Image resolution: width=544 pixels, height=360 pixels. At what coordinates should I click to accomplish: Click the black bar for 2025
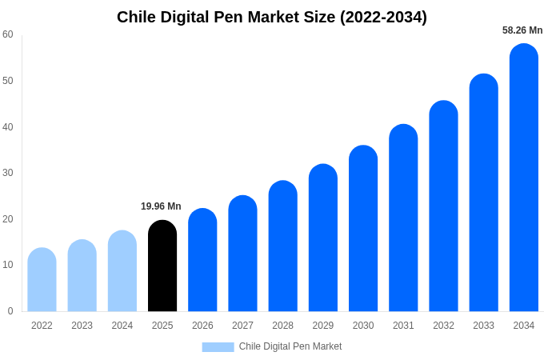(162, 266)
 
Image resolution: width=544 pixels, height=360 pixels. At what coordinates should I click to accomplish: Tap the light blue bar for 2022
(42, 279)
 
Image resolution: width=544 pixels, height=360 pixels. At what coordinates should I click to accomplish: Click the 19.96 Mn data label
(161, 206)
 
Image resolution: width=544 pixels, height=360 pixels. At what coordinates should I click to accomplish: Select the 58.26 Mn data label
(522, 30)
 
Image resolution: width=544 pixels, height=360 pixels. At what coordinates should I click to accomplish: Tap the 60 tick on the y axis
(8, 34)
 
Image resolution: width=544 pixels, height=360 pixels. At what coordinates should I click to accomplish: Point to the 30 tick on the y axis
(8, 173)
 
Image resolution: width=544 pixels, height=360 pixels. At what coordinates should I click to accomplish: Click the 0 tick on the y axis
(10, 311)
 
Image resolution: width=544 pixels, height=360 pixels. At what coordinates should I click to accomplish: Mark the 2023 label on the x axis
(82, 326)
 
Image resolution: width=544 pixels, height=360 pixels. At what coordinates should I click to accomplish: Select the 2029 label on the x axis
(322, 326)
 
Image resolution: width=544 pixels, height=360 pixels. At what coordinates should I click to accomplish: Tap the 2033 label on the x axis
(483, 326)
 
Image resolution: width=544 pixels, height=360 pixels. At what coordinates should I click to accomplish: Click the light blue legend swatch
(218, 347)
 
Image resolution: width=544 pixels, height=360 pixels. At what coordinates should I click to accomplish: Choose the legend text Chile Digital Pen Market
(290, 346)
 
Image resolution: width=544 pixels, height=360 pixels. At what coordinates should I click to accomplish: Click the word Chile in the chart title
(137, 17)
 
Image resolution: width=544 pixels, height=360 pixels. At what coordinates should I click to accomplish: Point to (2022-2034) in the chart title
(383, 17)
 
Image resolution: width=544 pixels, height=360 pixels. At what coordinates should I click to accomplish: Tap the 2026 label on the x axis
(202, 326)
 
